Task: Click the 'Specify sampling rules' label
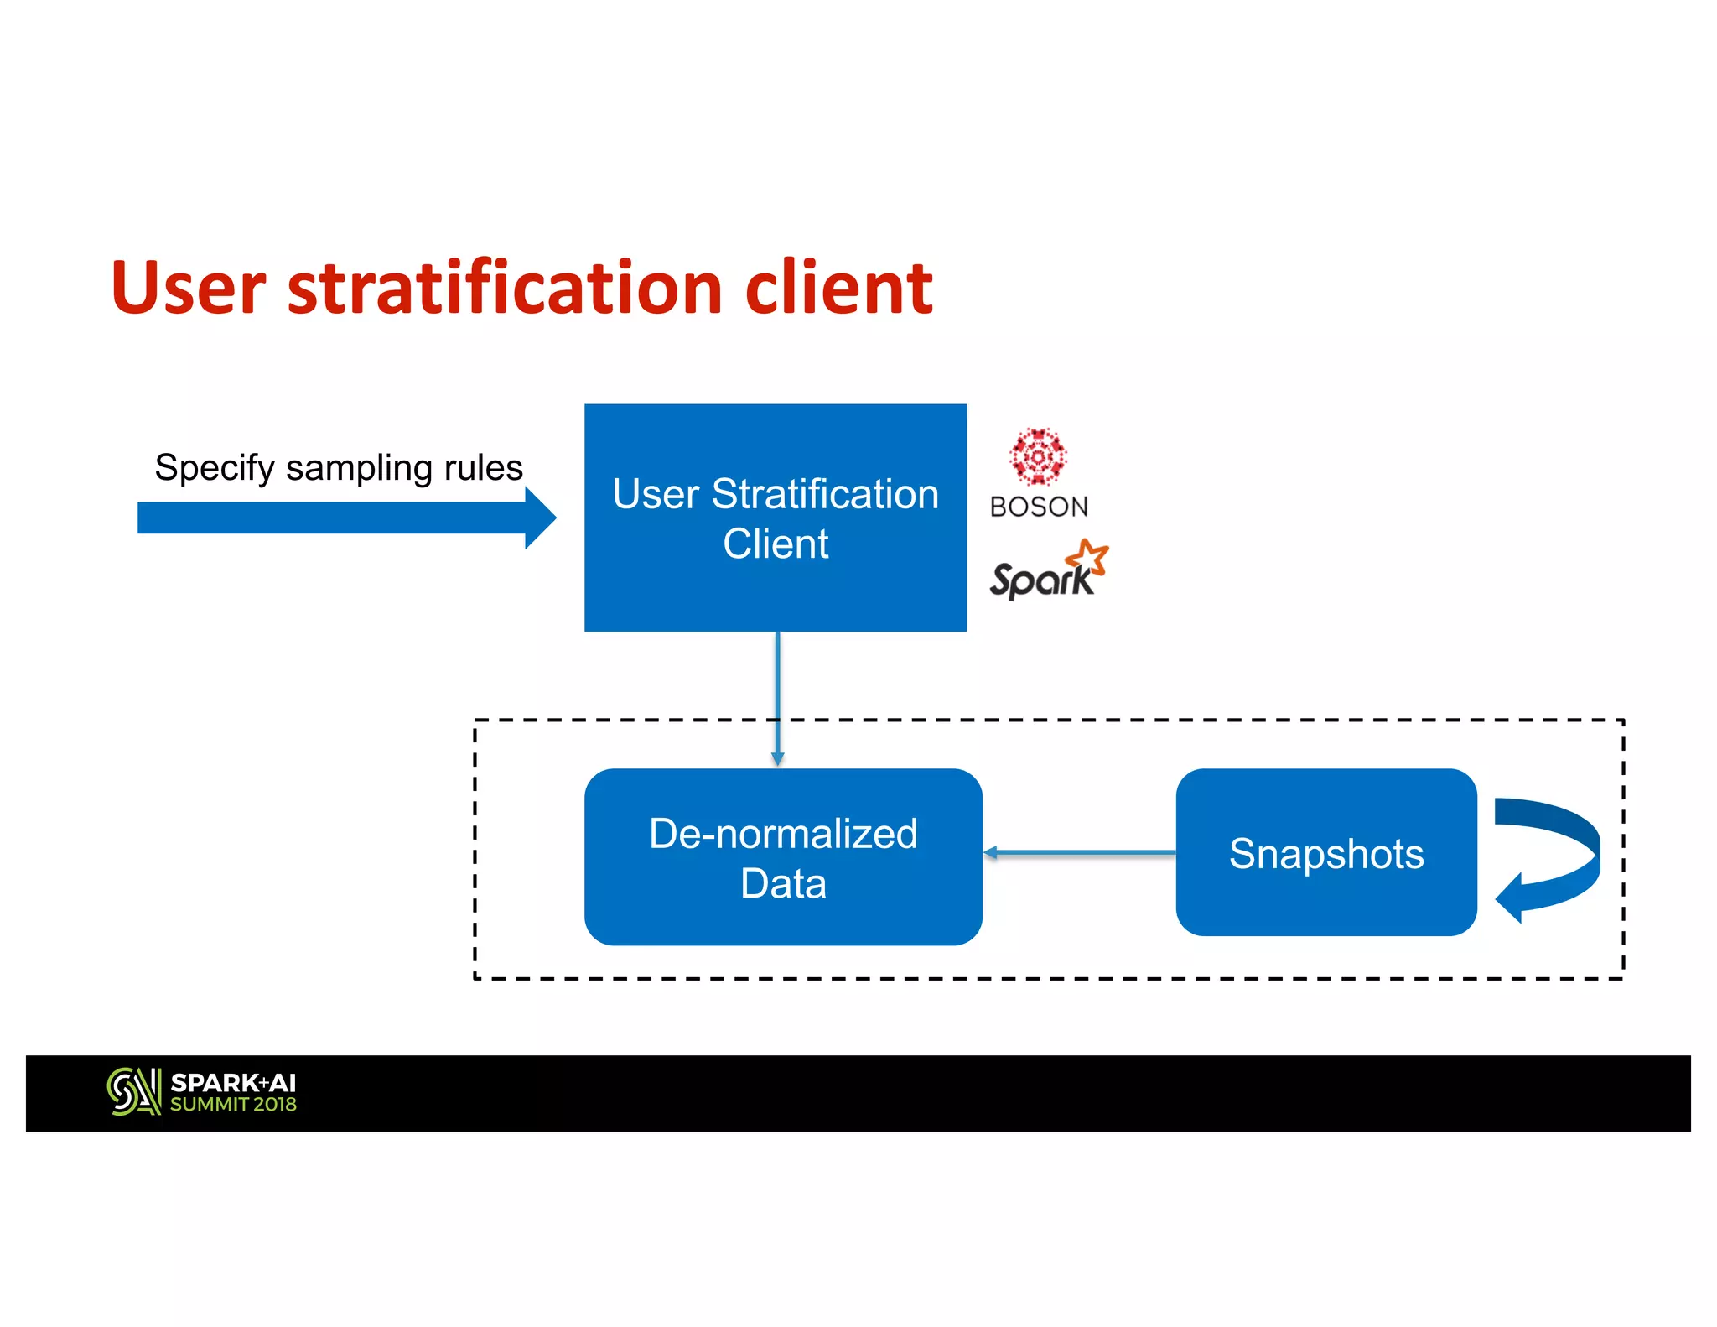click(x=339, y=467)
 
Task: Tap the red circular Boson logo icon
click(x=1038, y=457)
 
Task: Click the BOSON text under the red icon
click(x=1039, y=507)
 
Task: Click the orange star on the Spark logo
click(x=1087, y=556)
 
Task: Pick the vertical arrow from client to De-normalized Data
click(x=777, y=696)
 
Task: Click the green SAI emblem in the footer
click(x=133, y=1091)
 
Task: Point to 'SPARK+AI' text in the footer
click(x=233, y=1083)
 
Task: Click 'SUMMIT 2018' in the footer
click(x=233, y=1105)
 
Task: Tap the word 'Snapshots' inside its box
click(x=1325, y=854)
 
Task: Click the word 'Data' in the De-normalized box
click(x=783, y=883)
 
